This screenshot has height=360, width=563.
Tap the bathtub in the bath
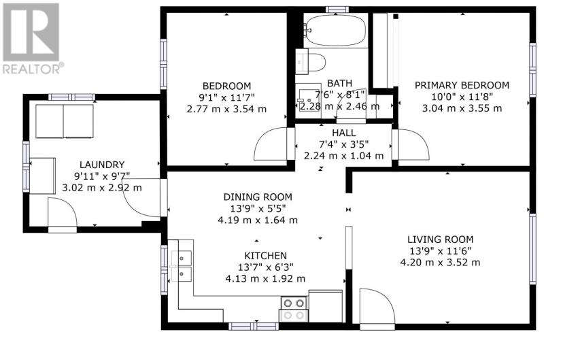(335, 30)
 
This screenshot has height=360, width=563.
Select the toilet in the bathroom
(311, 61)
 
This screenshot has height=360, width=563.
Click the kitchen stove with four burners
(294, 309)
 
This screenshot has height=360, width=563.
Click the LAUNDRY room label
(102, 165)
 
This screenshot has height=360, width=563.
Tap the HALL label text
(344, 133)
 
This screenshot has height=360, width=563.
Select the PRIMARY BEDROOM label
(462, 86)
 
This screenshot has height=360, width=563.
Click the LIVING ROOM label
(440, 240)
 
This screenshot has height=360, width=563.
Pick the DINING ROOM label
(258, 197)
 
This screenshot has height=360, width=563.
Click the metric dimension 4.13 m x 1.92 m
(265, 279)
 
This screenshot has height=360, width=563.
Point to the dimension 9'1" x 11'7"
(226, 97)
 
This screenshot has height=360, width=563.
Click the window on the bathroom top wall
(337, 10)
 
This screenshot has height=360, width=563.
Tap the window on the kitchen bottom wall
(254, 326)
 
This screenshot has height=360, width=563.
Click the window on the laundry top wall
(72, 97)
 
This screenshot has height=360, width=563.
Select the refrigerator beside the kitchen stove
(325, 306)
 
